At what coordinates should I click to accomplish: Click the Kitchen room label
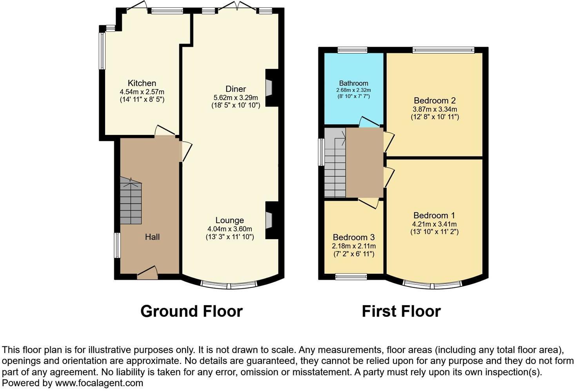[x=142, y=83]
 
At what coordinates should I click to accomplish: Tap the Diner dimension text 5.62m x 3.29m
[x=236, y=98]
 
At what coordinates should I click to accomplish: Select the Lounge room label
[x=230, y=220]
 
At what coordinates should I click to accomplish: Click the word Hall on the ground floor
[x=152, y=237]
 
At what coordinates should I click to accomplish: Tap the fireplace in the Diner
[x=269, y=88]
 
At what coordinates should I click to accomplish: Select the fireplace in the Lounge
[x=269, y=220]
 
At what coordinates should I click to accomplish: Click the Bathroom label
[x=354, y=83]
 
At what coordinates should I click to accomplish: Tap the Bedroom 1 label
[x=434, y=215]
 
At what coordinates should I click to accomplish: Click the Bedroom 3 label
[x=354, y=237]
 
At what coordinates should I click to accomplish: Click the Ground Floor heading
[x=191, y=311]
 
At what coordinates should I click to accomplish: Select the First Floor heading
[x=401, y=311]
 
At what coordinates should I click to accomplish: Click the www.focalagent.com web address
[x=99, y=383]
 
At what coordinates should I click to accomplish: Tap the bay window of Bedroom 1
[x=432, y=284]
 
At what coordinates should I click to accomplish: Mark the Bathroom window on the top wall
[x=352, y=49]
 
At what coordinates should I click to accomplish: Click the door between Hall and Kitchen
[x=165, y=131]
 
